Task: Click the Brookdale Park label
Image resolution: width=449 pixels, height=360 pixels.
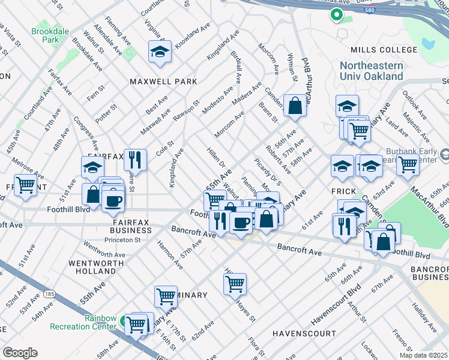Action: click(x=46, y=34)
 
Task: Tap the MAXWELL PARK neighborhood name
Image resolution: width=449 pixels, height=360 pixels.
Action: click(x=160, y=81)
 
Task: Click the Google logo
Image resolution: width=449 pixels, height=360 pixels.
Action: click(x=20, y=353)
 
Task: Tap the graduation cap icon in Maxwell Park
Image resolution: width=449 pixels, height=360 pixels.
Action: click(x=160, y=52)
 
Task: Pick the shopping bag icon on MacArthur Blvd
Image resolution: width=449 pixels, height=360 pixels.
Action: click(x=295, y=106)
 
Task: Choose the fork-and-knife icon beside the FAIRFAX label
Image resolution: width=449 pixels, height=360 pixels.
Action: click(x=135, y=159)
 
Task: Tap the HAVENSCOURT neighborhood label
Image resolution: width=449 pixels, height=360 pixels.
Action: click(x=304, y=333)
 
